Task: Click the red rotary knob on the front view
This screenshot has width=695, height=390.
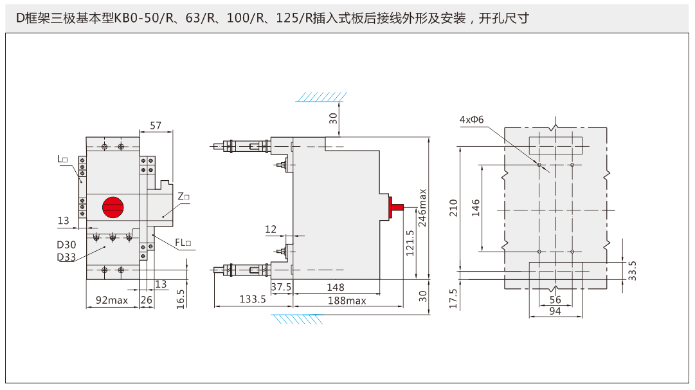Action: (x=113, y=207)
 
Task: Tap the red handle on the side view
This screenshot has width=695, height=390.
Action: (x=395, y=207)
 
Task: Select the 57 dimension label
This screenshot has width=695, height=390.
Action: (x=156, y=125)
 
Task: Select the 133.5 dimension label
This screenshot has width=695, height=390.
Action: (x=253, y=299)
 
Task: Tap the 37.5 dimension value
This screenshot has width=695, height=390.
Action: (x=281, y=287)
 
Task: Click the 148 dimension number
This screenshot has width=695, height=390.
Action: (x=336, y=287)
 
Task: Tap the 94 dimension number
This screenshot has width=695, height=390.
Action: (x=555, y=311)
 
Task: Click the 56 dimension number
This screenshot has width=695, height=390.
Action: (x=555, y=300)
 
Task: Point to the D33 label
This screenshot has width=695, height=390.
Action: (x=66, y=257)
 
